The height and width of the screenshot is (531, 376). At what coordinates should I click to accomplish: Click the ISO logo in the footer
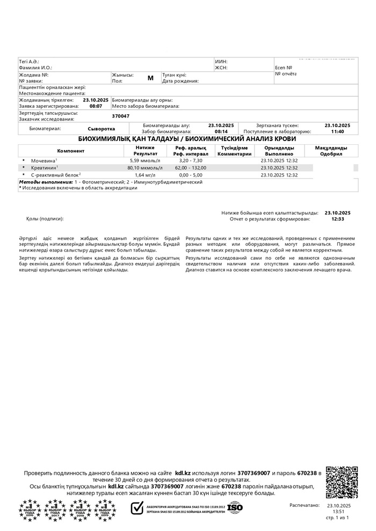pos(235,506)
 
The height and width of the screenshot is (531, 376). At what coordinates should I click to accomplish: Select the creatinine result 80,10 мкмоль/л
pos(144,168)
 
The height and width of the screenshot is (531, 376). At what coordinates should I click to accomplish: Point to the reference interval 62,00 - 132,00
pos(190,168)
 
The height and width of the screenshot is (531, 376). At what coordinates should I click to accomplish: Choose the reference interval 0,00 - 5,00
pos(190,175)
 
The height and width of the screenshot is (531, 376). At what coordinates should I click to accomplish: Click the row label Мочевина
pos(44,160)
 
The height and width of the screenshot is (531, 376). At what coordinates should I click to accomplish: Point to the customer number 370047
pos(120,116)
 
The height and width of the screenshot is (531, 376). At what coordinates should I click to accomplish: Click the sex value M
pos(150,78)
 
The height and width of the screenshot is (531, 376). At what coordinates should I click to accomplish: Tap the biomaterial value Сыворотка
pos(102,129)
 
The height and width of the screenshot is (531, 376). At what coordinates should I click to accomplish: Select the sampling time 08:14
pos(221,131)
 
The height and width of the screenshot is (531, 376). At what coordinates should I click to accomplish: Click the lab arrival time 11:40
pos(337,131)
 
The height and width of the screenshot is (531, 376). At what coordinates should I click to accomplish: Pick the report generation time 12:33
pos(337,219)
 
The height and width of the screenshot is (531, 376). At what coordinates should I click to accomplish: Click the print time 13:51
pos(338,512)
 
